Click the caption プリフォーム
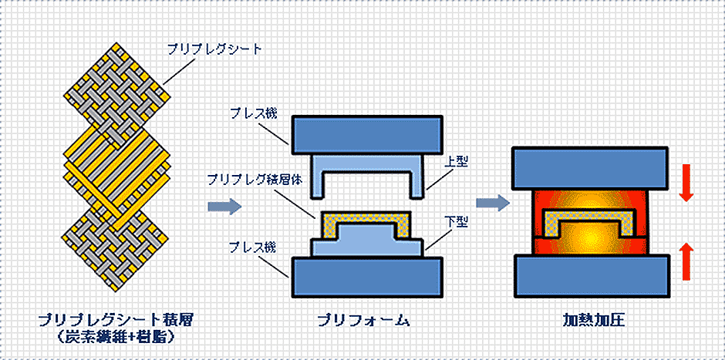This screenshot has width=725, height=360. tap(366, 318)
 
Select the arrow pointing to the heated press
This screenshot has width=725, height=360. tap(492, 204)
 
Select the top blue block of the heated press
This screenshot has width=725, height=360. tap(589, 167)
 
